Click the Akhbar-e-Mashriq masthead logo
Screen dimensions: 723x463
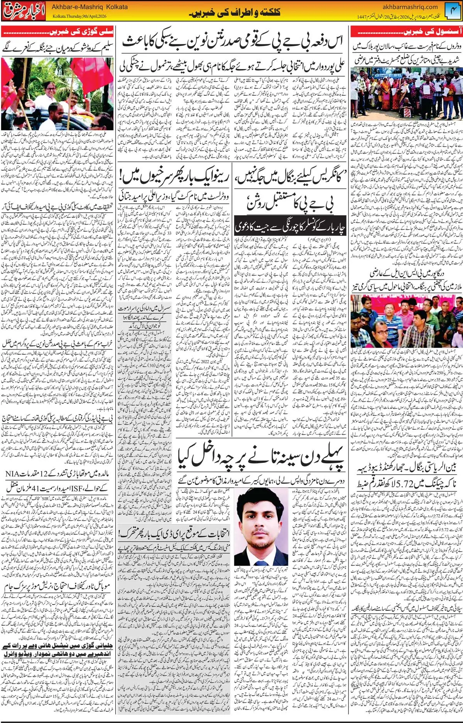(x=24, y=11)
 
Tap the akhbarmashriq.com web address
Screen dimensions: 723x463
(x=410, y=7)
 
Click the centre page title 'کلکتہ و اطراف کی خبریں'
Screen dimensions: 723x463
(x=235, y=13)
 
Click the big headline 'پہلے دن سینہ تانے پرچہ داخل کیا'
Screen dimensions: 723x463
(x=261, y=457)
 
